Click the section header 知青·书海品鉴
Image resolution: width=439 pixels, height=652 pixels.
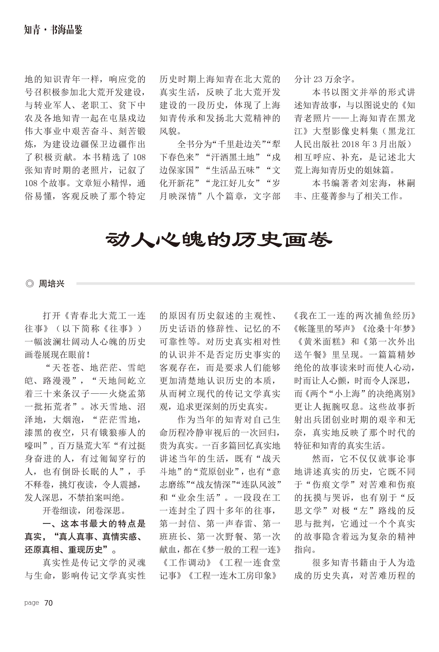click(53, 30)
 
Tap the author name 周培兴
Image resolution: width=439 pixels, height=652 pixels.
click(52, 284)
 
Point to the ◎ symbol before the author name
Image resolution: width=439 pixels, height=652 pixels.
click(29, 284)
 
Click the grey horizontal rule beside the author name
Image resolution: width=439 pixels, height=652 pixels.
click(245, 284)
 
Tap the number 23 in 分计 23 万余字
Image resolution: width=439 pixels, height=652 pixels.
click(318, 80)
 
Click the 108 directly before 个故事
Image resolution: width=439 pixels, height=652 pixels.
click(31, 183)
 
